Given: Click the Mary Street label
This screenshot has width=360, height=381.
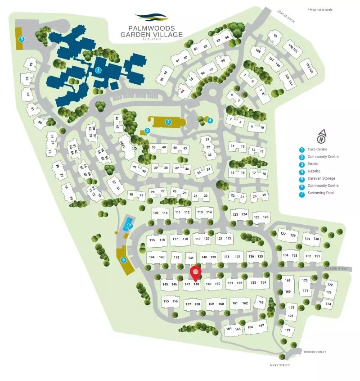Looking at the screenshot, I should pos(279,365).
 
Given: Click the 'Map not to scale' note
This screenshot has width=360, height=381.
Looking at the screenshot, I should pos(320,9).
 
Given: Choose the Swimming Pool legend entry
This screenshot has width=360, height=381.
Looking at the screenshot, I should pos(320,193).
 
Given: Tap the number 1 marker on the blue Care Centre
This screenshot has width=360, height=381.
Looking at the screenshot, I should pos(98,70).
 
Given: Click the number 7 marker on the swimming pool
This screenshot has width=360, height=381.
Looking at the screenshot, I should pos(129,226).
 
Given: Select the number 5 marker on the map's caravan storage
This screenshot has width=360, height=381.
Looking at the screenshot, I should pos(21,39).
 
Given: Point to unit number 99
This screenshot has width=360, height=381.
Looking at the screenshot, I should pos(275,36).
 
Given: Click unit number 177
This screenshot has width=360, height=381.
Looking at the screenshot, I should pos(287,331).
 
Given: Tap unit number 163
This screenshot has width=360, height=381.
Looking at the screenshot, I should pos(260,303).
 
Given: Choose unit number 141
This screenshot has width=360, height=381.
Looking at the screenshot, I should pos(191,258).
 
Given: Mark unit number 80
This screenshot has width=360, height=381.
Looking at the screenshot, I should pos(40,122).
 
